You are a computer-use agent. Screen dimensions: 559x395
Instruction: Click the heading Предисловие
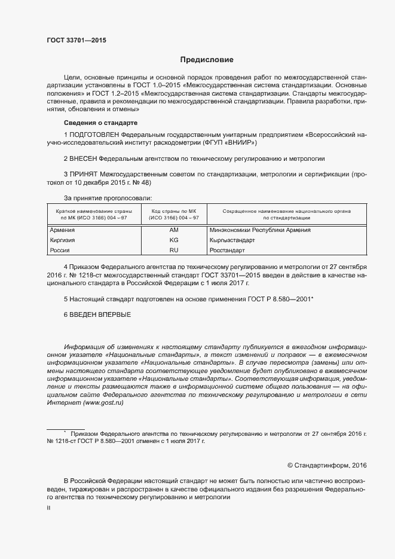pos(207,60)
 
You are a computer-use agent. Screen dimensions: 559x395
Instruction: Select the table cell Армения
pos(63,230)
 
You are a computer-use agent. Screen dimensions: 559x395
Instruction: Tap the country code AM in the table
pos(174,230)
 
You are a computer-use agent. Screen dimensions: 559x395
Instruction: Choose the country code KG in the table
pos(174,240)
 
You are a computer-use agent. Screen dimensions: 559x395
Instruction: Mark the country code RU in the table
pos(174,250)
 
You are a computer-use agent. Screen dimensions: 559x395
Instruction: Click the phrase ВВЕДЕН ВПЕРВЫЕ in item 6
pos(100,314)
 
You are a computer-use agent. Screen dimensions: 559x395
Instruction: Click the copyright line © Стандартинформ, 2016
pos(327,465)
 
